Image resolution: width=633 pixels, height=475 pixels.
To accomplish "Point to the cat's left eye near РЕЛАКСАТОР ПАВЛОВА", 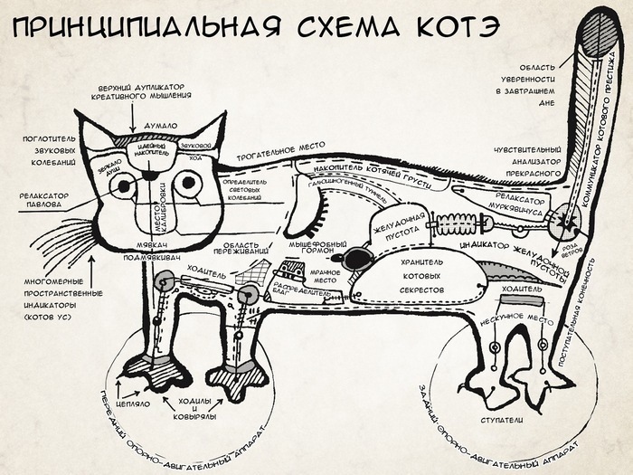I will click(122, 186).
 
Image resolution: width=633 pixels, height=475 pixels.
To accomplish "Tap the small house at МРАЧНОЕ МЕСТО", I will click(292, 270).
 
